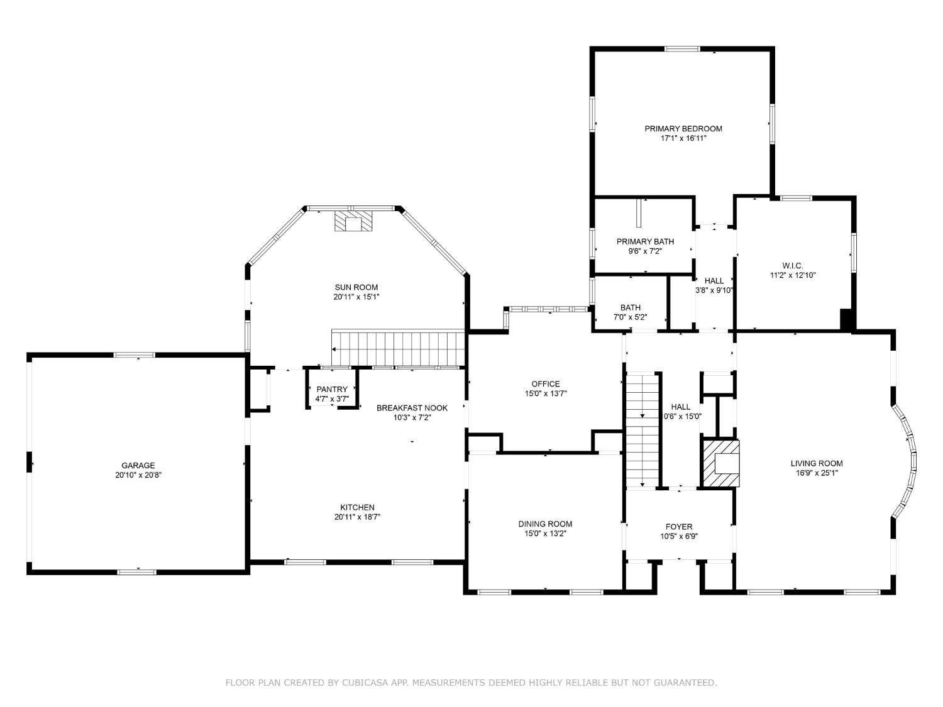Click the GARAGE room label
[x=138, y=465]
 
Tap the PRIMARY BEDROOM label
[x=683, y=128]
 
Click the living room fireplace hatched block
[x=721, y=463]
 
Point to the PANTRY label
[x=332, y=390]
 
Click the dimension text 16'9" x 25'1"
[x=816, y=473]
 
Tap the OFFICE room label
[x=546, y=384]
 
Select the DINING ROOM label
[x=545, y=523]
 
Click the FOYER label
[x=679, y=527]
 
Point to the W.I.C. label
[x=793, y=266]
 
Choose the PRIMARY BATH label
[x=645, y=242]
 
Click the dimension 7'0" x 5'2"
[x=630, y=317]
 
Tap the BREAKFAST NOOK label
[x=412, y=408]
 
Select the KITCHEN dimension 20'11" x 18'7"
[x=358, y=517]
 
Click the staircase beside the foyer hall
[x=642, y=430]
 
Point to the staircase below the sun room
[x=398, y=348]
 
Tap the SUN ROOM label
[x=356, y=287]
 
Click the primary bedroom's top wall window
[x=682, y=49]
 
